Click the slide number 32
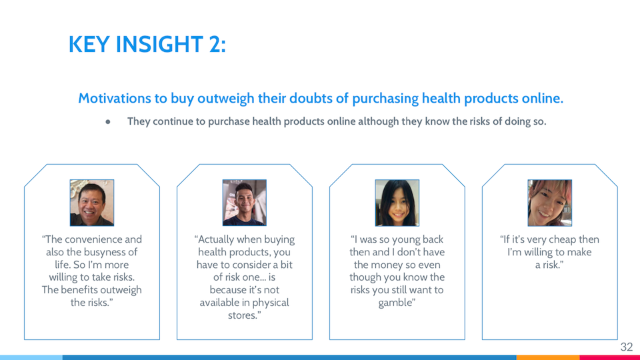(x=626, y=347)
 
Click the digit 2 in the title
(x=215, y=44)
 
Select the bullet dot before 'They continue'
(x=108, y=121)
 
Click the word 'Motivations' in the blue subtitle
(x=115, y=99)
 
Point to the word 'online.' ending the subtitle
(x=543, y=99)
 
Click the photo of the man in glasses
(x=92, y=203)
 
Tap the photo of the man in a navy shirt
(x=245, y=203)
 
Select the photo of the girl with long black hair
(x=397, y=203)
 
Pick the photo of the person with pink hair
(x=550, y=203)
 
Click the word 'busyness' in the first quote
(x=108, y=252)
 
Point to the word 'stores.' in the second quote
(x=245, y=315)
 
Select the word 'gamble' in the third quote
(x=395, y=303)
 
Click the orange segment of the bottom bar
(x=548, y=357)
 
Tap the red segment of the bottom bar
(x=610, y=357)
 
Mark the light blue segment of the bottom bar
(x=31, y=357)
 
